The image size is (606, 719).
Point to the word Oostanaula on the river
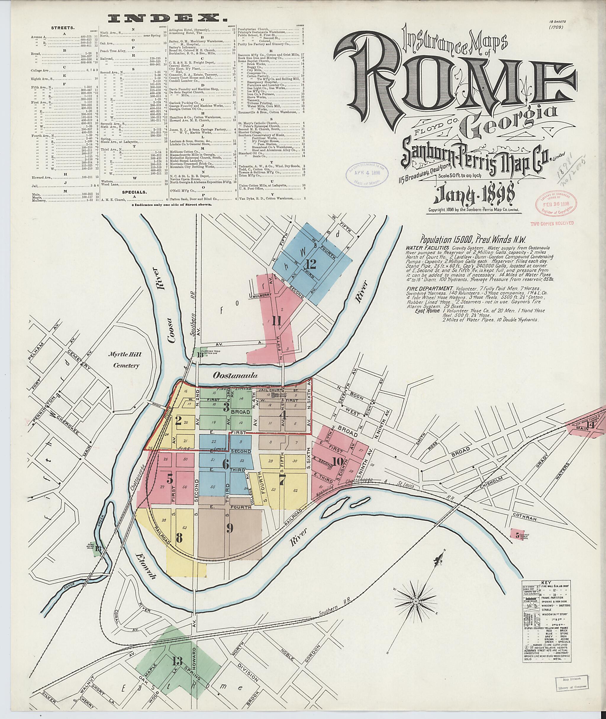[x=235, y=376]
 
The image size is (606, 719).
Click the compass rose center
[x=416, y=621]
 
